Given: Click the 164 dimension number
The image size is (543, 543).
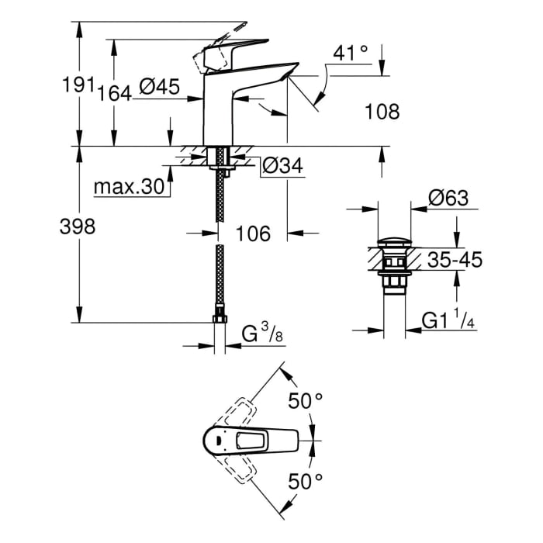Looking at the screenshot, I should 115,93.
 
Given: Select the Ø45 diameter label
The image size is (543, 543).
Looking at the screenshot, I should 160,88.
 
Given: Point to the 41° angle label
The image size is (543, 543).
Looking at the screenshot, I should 350,54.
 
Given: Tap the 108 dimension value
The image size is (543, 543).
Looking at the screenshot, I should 382,112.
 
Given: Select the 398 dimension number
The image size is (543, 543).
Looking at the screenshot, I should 78,227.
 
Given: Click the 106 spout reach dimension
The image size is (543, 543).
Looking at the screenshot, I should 253,233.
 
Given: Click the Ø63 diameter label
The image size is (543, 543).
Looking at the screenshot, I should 449,199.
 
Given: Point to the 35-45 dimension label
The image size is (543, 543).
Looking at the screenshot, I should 455,260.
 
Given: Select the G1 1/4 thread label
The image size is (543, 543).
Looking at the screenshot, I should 450,320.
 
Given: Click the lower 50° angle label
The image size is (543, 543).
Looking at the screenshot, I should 306,482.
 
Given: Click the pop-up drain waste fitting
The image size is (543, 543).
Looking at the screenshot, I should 394,268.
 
